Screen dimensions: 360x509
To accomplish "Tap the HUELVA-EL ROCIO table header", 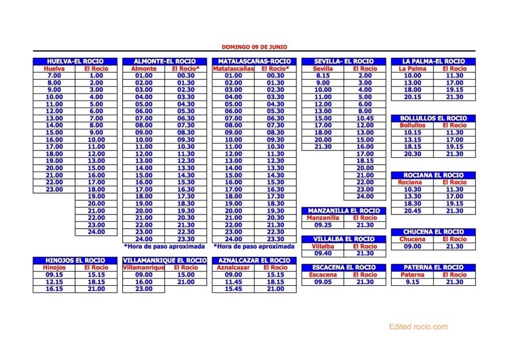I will click(75, 61).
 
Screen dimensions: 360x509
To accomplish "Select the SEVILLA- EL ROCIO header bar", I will click(344, 61).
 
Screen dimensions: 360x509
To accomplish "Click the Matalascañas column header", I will click(233, 68).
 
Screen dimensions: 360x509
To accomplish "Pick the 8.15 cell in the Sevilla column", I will click(323, 75).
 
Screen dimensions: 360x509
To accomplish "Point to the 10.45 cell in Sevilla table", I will click(365, 118).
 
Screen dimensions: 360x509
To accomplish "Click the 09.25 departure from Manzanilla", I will click(323, 225).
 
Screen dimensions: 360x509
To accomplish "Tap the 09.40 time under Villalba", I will click(323, 254).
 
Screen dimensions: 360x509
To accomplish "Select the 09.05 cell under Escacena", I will click(323, 282).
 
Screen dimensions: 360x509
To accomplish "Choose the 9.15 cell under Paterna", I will click(412, 282).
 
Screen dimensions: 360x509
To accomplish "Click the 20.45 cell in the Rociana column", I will click(412, 211).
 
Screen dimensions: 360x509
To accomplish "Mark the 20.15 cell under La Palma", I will click(412, 97).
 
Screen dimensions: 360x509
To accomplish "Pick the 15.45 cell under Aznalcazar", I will click(233, 289).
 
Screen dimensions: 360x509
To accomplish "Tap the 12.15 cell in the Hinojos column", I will click(54, 282).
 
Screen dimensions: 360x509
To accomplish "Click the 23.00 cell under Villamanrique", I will click(144, 289).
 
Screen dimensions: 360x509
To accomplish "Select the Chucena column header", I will click(412, 239).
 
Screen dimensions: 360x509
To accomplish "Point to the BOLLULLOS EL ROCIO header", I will click(433, 118).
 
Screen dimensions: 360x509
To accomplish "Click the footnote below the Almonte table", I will click(165, 247).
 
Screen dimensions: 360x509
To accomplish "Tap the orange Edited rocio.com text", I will click(418, 327).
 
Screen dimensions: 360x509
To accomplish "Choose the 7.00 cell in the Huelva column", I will click(54, 75).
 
